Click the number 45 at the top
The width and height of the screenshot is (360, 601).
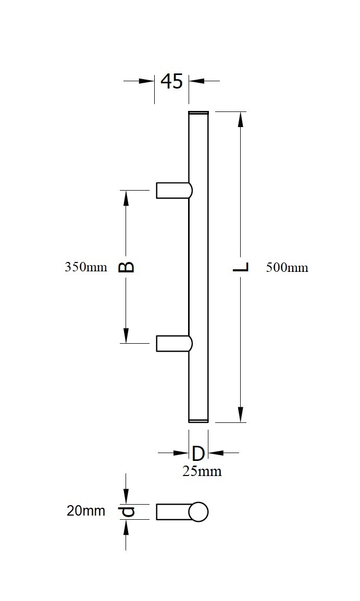click(171, 81)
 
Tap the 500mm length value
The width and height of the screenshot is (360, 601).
click(287, 268)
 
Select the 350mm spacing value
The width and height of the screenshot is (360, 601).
click(85, 267)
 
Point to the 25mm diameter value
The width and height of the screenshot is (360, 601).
click(202, 471)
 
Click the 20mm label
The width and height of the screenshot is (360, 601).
click(85, 511)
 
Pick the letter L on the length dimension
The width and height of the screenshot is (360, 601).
click(241, 267)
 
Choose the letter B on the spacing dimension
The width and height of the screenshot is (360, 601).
click(126, 267)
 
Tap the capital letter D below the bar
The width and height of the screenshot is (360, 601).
click(198, 453)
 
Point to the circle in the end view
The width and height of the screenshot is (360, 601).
click(198, 512)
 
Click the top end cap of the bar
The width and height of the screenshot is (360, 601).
click(198, 112)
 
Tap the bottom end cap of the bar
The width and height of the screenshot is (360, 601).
click(198, 420)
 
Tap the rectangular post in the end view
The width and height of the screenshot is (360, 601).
click(172, 512)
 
